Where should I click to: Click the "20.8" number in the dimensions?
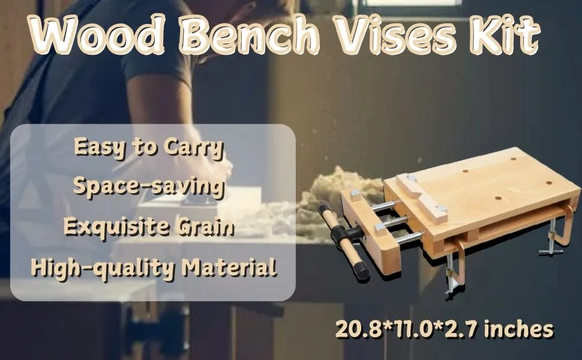(355, 329)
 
